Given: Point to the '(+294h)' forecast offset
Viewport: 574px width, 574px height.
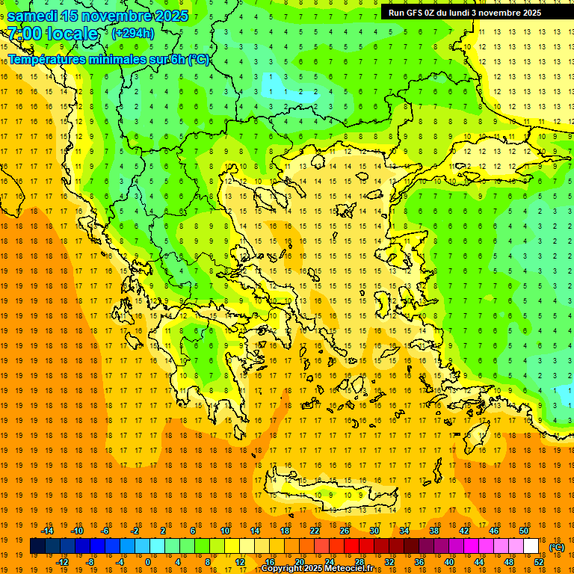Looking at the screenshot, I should point(132,34).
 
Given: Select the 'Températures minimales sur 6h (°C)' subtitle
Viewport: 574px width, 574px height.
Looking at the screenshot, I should point(108,60).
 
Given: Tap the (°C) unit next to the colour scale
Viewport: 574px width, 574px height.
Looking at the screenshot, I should point(557,547).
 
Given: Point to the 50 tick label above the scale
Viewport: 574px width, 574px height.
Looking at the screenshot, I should point(524,531).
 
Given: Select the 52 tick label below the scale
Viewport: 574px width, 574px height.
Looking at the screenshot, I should point(539,562).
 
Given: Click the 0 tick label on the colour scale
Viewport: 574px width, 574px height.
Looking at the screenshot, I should point(148,562).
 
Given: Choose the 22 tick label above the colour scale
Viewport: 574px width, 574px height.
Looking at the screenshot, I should point(315,531).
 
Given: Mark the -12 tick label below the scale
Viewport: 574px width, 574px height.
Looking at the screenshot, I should point(62,562).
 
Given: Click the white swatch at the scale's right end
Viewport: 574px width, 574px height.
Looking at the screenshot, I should point(531,546).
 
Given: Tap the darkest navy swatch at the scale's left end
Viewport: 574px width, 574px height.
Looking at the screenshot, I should point(37,546).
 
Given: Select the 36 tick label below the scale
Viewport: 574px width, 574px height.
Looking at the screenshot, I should point(419,562).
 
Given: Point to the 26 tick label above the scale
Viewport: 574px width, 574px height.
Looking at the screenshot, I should point(345,531).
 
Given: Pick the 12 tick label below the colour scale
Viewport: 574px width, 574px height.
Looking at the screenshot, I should point(240,562).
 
